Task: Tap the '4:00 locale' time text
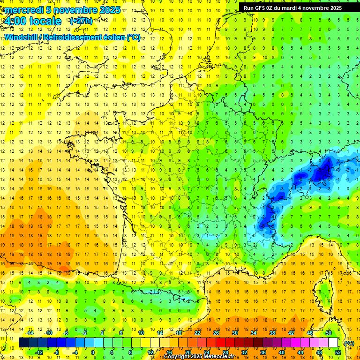[x=32, y=21]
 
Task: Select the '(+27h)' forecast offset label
[x=81, y=21]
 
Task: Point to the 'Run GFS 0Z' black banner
[x=292, y=8]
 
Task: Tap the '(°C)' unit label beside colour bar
[x=349, y=343]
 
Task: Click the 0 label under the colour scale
[x=92, y=352]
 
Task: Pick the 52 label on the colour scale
[x=338, y=352]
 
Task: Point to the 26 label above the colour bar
[x=216, y=333]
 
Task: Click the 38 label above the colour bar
[x=272, y=333]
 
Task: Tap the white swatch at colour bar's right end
[x=333, y=343]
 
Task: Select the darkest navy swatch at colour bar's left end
[x=23, y=343]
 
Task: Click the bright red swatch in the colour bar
[x=220, y=343]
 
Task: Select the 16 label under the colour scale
[x=169, y=352]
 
